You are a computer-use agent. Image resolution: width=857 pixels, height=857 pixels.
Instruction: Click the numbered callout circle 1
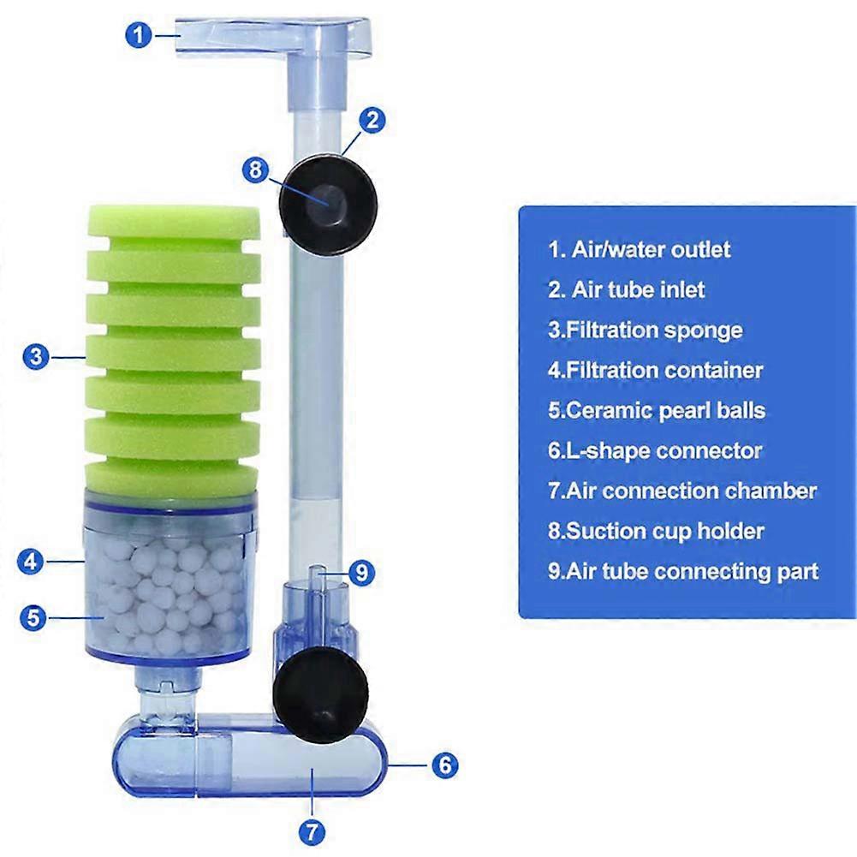pyautogui.click(x=139, y=35)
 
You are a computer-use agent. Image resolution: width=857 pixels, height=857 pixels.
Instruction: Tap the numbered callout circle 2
pyautogui.click(x=372, y=120)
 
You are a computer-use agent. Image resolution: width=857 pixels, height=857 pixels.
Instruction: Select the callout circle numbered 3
pyautogui.click(x=36, y=356)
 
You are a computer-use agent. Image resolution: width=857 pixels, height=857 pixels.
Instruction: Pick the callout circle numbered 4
pyautogui.click(x=31, y=562)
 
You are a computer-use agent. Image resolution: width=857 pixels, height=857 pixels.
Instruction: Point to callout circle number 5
pyautogui.click(x=33, y=617)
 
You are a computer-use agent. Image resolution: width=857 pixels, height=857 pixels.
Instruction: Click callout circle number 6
pyautogui.click(x=445, y=765)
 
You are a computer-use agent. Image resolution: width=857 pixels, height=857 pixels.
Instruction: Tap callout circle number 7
pyautogui.click(x=312, y=833)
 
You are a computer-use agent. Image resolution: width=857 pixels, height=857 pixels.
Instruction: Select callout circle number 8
pyautogui.click(x=256, y=170)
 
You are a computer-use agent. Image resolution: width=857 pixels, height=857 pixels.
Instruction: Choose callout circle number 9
pyautogui.click(x=361, y=573)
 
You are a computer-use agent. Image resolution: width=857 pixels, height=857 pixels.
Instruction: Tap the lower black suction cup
pyautogui.click(x=321, y=694)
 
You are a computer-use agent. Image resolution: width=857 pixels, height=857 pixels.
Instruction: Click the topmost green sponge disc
pyautogui.click(x=174, y=223)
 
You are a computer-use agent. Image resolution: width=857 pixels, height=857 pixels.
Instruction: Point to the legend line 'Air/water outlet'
pyautogui.click(x=640, y=250)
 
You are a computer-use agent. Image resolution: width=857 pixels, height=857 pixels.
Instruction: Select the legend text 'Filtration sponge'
pyautogui.click(x=646, y=330)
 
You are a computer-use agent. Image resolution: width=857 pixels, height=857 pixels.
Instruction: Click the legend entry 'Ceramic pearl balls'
pyautogui.click(x=657, y=411)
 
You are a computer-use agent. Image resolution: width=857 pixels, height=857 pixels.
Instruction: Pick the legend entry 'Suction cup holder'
pyautogui.click(x=656, y=532)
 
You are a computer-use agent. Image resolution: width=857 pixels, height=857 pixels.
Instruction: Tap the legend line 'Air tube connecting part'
pyautogui.click(x=683, y=572)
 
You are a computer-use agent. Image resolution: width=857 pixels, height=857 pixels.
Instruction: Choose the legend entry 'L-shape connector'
pyautogui.click(x=655, y=451)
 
